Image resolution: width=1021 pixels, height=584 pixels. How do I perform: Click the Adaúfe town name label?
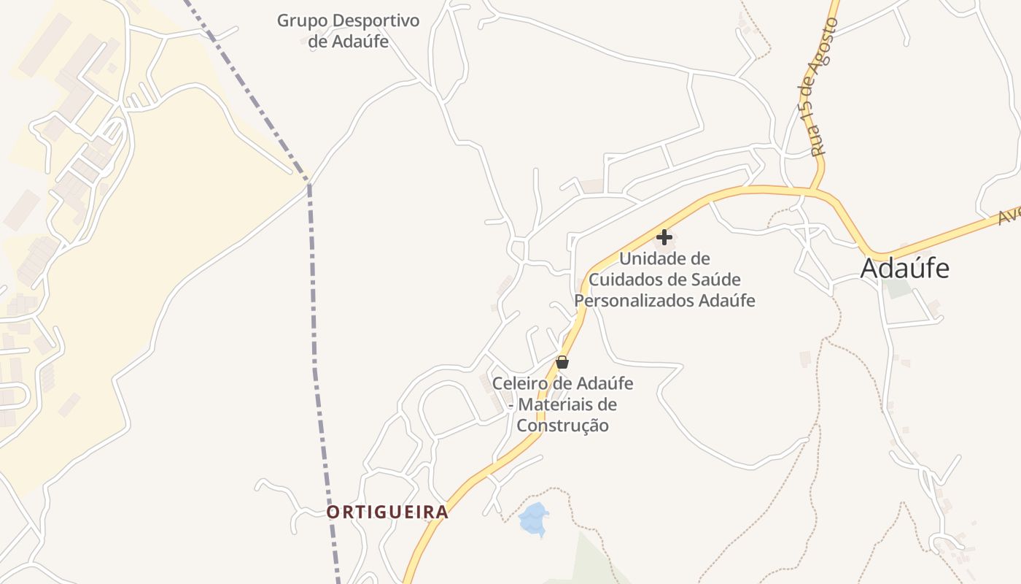click(904, 269)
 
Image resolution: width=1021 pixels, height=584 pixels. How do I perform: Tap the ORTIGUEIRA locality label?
click(387, 512)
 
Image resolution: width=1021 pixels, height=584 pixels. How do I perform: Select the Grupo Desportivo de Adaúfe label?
click(348, 31)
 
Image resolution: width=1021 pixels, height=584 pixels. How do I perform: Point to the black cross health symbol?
click(664, 237)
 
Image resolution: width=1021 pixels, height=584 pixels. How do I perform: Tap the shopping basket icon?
click(562, 361)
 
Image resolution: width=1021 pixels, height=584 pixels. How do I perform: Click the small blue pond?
click(533, 519)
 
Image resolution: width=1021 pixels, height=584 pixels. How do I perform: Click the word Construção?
click(562, 425)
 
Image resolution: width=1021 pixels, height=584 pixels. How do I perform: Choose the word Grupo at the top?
click(300, 20)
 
